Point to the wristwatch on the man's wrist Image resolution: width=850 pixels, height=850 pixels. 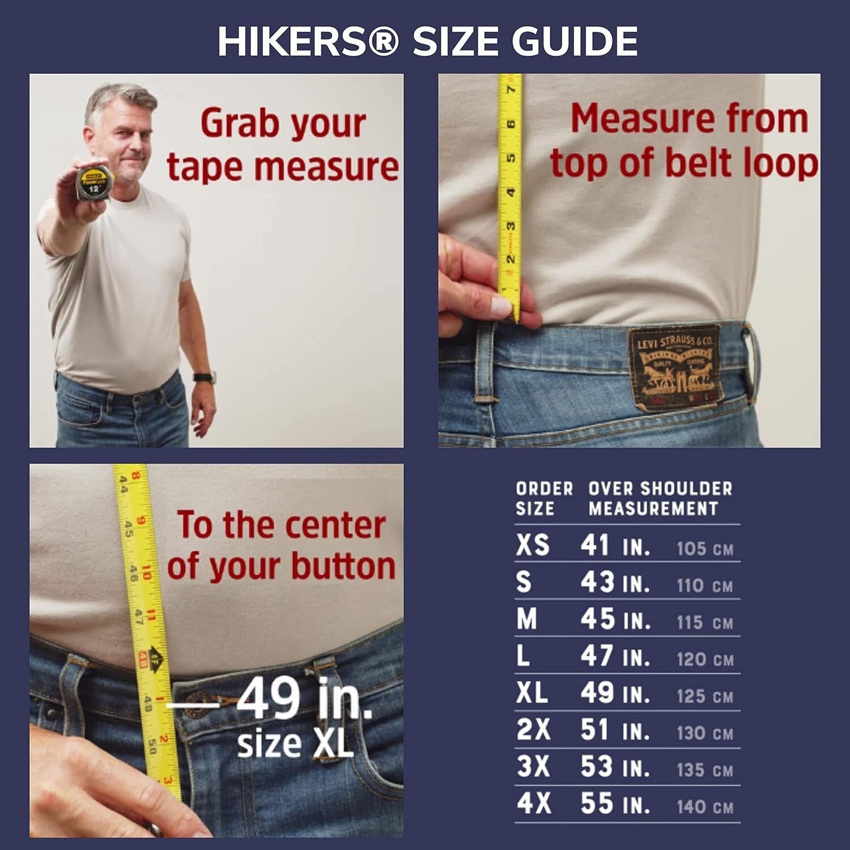pos(204,377)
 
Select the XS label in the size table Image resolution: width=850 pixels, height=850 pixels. pos(533,545)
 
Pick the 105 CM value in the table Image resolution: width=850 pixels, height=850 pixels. pos(705,549)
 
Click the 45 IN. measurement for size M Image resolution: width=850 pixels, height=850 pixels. pos(615,619)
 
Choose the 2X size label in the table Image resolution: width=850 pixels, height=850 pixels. pos(533,730)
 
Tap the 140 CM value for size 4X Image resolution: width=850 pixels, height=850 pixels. pos(705,806)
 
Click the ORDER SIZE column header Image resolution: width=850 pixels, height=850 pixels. pos(544,499)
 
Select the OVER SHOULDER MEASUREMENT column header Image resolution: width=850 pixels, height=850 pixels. pos(660,499)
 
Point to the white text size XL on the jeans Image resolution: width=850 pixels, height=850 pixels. pos(295,744)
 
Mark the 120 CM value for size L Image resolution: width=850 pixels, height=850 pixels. pos(705,659)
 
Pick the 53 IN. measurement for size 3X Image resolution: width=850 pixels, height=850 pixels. pos(615,767)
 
